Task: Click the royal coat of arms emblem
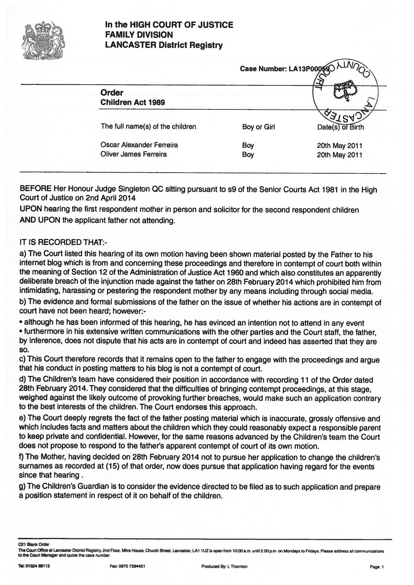point(44,41)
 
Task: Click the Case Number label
point(263,69)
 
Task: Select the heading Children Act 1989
point(132,102)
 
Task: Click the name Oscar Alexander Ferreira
point(139,145)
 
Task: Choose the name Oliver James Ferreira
point(133,154)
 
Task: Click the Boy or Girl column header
point(258,127)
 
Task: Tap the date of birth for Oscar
point(339,146)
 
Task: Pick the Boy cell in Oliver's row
point(248,155)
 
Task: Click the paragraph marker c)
point(23,360)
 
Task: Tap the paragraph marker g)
point(23,487)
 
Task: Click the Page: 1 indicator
point(377,567)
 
